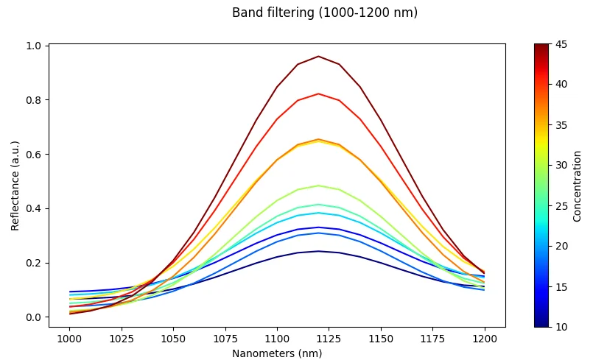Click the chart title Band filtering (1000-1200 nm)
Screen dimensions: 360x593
coord(325,13)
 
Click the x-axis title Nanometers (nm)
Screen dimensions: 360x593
coord(277,353)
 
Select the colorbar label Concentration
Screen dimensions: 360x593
coord(578,186)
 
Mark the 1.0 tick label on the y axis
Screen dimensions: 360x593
coord(34,46)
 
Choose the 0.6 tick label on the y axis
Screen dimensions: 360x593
coord(34,155)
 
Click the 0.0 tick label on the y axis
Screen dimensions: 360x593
coord(34,317)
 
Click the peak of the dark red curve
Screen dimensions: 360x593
coord(318,56)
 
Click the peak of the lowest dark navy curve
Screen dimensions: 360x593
coord(318,251)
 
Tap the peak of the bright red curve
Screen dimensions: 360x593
coord(318,93)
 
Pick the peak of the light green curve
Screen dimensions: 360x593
coord(318,186)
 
